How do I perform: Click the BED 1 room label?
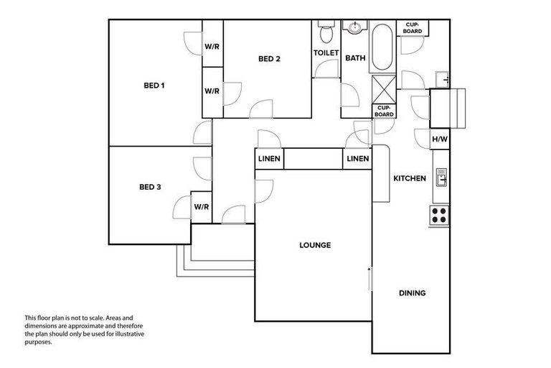click(154, 86)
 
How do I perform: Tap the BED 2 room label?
click(268, 59)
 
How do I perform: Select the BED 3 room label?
click(149, 187)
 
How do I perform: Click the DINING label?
click(412, 293)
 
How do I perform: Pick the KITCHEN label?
click(410, 178)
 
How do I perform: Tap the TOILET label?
click(326, 54)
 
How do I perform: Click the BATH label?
click(355, 58)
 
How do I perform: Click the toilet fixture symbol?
click(326, 32)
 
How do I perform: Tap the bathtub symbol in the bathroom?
click(381, 47)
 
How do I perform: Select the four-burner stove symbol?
click(439, 213)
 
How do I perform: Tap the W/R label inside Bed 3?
click(201, 207)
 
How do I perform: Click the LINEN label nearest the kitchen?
click(357, 159)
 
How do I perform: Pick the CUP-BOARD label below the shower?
click(383, 111)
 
